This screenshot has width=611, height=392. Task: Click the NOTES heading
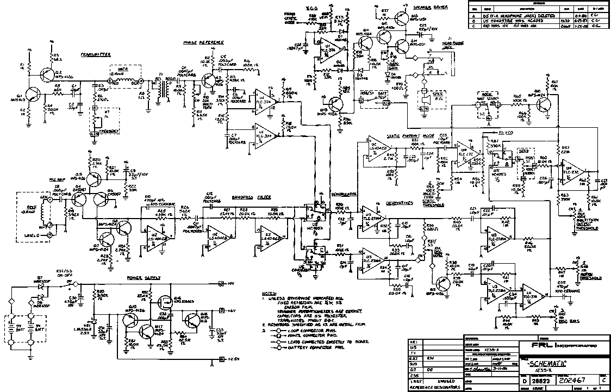tap(269, 294)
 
